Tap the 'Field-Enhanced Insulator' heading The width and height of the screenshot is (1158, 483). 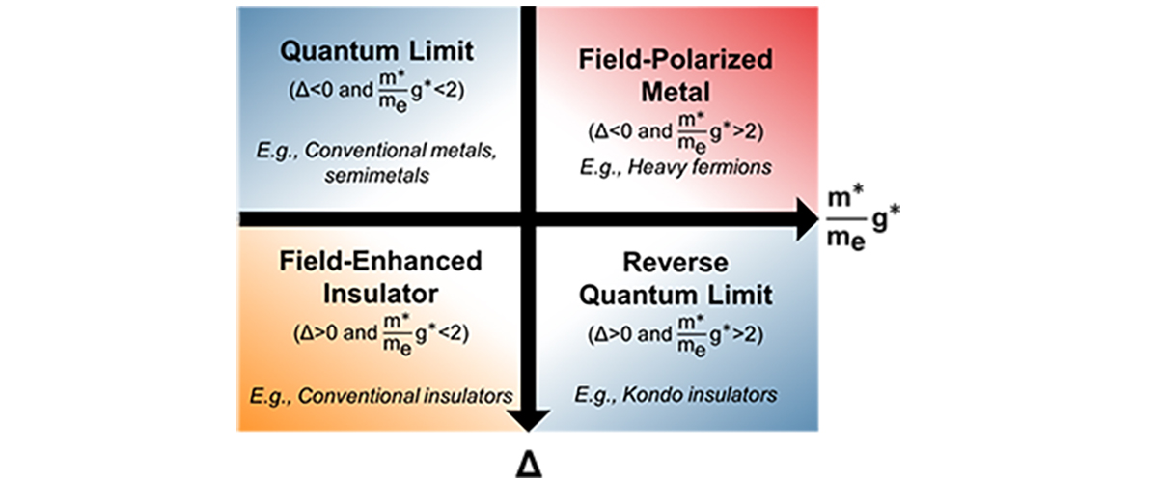click(x=380, y=275)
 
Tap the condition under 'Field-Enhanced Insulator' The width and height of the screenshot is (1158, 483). click(x=380, y=335)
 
